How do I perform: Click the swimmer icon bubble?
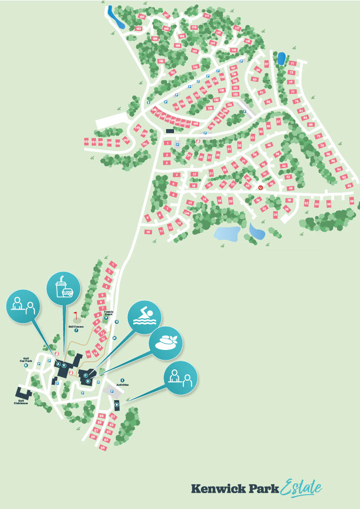144,317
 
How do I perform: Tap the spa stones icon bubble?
167,343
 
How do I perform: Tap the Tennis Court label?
108,314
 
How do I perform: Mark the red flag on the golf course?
76,314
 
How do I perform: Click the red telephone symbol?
261,188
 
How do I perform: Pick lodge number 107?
167,16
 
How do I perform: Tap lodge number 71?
292,64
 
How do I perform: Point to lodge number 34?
275,215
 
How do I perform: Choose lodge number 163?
86,142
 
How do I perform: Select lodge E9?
101,416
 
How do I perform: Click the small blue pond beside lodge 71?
281,59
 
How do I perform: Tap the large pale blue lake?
227,233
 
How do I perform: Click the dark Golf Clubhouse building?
24,394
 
